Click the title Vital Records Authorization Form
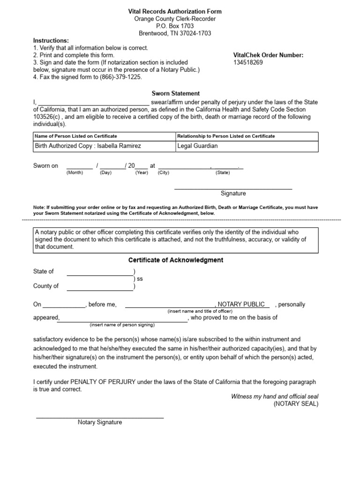tap(175, 11)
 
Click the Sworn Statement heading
tap(176, 94)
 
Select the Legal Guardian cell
tap(197, 146)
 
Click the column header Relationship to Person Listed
tap(226, 136)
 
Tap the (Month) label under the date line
tap(75, 172)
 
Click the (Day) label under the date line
tap(105, 172)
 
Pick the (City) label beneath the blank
tap(164, 172)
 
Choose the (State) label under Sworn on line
tap(223, 172)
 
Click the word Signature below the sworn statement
tap(233, 193)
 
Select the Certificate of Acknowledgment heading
tap(176, 260)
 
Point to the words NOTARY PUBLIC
tap(245, 305)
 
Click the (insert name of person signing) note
tap(122, 325)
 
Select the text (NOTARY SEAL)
tap(296, 404)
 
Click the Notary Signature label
tap(100, 422)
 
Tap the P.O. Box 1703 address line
tap(175, 26)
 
